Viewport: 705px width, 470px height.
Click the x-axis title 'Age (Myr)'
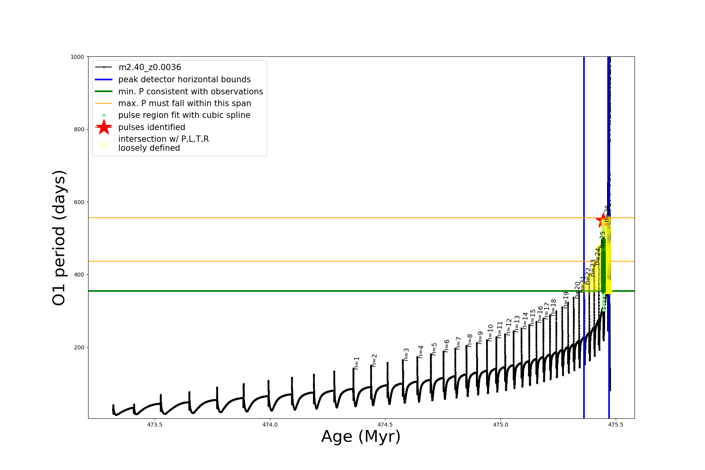point(361,436)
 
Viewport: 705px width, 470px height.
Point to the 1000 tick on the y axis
point(77,57)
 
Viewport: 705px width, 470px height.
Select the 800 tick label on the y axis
point(79,129)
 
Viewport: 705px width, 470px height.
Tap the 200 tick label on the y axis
point(79,347)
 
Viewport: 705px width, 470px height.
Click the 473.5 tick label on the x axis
point(155,425)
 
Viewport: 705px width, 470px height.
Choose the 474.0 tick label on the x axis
point(270,425)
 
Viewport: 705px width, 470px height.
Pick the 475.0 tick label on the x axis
point(500,425)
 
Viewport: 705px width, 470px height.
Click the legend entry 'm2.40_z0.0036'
point(150,67)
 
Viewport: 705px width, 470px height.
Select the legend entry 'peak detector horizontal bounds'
point(184,80)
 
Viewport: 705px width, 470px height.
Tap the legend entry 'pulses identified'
point(152,127)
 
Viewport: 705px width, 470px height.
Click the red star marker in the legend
point(104,127)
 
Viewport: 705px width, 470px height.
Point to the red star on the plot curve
point(602,220)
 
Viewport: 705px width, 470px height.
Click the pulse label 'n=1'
point(357,363)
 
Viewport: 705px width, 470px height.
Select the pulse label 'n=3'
point(407,354)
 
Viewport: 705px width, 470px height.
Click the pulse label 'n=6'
point(447,346)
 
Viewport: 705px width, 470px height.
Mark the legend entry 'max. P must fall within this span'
point(184,103)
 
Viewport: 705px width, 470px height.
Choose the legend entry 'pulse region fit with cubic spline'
point(184,115)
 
